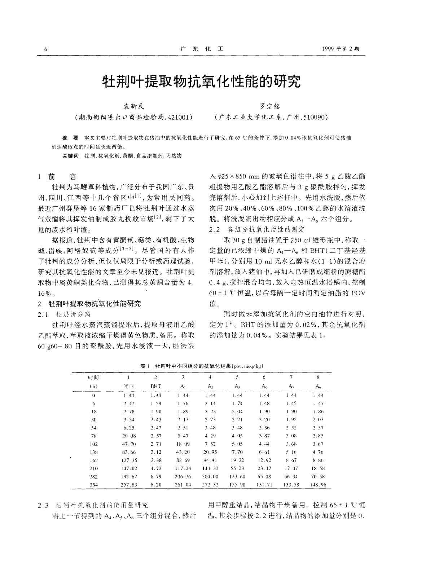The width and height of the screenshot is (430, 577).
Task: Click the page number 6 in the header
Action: pyautogui.click(x=45, y=50)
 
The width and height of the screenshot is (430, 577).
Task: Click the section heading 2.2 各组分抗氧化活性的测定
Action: pyautogui.click(x=257, y=229)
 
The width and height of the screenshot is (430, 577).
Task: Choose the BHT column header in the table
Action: pyautogui.click(x=156, y=386)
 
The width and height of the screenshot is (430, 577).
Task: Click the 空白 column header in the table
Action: pyautogui.click(x=128, y=386)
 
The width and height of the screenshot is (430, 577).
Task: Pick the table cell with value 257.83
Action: pyautogui.click(x=129, y=485)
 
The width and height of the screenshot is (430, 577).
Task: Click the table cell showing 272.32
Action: pyautogui.click(x=210, y=485)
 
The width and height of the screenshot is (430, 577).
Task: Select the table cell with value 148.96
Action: pyautogui.click(x=318, y=485)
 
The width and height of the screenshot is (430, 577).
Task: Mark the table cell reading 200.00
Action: pyautogui.click(x=210, y=477)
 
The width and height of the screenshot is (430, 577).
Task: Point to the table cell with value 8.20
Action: pyautogui.click(x=156, y=485)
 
